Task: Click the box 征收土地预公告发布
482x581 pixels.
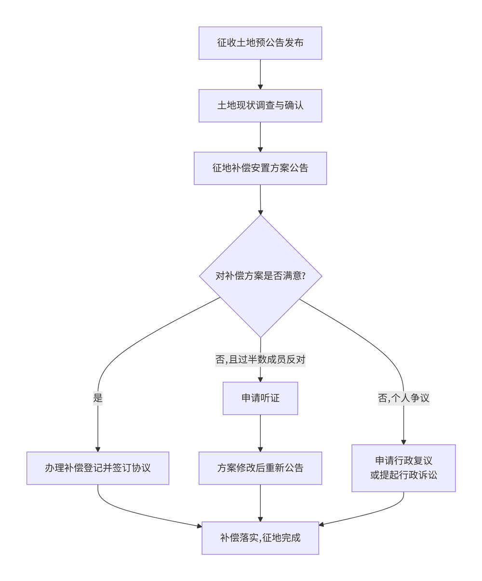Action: [260, 43]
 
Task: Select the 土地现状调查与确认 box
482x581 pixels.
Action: [260, 106]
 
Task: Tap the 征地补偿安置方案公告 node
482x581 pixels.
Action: [260, 168]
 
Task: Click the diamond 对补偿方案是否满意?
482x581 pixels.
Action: [260, 276]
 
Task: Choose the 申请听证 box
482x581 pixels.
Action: [260, 398]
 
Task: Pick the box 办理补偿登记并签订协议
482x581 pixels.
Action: [98, 468]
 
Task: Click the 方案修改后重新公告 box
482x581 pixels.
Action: [260, 468]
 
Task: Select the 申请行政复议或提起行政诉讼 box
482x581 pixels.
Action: [403, 468]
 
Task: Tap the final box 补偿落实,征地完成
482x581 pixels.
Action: [260, 538]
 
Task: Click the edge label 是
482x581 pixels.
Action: [98, 398]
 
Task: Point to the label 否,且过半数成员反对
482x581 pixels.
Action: [260, 360]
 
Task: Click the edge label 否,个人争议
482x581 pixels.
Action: [403, 398]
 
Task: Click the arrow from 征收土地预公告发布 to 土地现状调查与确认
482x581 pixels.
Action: [260, 74]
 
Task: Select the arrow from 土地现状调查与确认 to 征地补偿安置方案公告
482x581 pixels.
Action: [260, 137]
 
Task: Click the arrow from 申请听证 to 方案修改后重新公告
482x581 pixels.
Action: [260, 432]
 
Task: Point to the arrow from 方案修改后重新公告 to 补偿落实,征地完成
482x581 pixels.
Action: [260, 502]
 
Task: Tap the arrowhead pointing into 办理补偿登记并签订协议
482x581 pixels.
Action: [98, 448]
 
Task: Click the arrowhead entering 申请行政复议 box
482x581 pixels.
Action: [403, 441]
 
